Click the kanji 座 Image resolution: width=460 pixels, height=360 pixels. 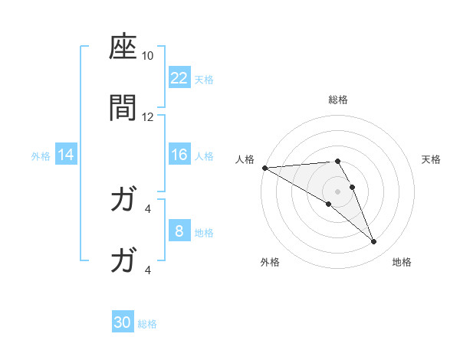click(123, 49)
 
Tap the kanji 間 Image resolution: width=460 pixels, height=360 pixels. click(123, 109)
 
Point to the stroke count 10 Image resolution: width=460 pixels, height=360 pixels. click(148, 57)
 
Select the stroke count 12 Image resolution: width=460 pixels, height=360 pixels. click(148, 116)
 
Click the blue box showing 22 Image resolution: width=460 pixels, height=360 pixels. click(179, 78)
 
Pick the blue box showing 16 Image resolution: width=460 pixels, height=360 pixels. click(179, 155)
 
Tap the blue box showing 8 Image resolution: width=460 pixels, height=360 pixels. click(179, 231)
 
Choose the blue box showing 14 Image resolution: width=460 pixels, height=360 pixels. click(66, 155)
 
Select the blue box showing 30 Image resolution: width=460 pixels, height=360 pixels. click(123, 322)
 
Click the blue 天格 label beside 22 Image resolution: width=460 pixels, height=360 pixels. click(204, 79)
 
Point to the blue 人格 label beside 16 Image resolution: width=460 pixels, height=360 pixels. click(204, 155)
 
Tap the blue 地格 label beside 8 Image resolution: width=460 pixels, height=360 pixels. click(204, 232)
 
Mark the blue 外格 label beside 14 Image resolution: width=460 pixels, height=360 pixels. click(41, 155)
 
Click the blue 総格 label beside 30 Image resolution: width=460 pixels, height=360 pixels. click(147, 323)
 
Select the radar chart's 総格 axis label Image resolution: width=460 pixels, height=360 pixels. click(338, 100)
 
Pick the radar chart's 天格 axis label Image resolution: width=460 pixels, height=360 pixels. click(432, 159)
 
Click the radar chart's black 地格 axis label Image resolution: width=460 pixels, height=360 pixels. click(402, 262)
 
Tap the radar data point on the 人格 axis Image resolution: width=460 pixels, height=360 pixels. click(264, 168)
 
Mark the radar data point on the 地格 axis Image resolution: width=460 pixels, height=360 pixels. click(374, 242)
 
